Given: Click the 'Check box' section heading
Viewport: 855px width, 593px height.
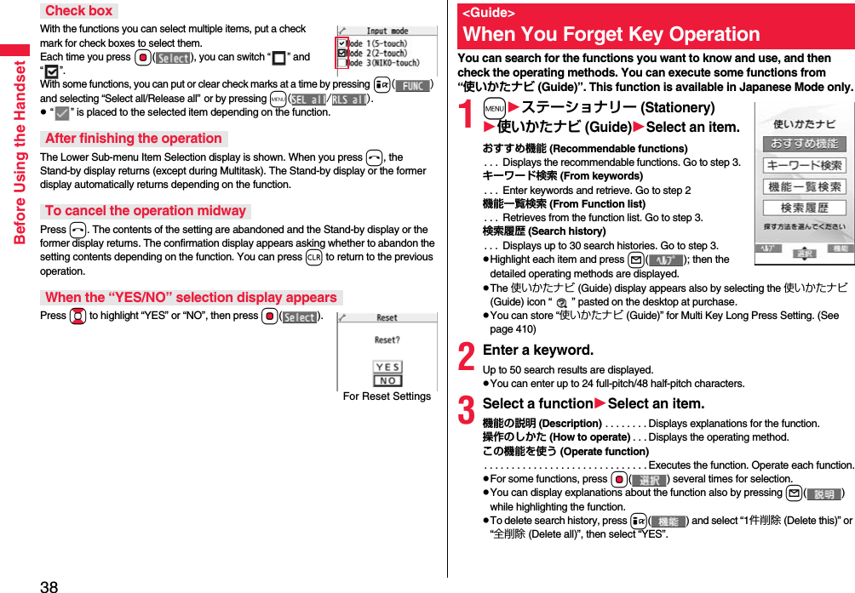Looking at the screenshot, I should click(78, 11).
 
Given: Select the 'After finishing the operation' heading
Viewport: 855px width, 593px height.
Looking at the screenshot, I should click(133, 139).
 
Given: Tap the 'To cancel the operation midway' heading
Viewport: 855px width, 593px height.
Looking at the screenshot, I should click(145, 211).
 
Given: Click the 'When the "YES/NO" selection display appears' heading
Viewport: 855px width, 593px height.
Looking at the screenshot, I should click(191, 298).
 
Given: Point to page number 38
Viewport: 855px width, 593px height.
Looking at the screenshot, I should click(49, 586).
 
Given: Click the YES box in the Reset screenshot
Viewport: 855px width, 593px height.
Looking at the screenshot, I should click(387, 367).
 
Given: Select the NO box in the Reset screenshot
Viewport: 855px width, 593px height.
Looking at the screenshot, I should click(387, 380).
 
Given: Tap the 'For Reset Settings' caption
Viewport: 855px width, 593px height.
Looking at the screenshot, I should click(387, 396).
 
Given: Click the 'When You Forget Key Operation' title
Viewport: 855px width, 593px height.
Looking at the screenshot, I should click(611, 35).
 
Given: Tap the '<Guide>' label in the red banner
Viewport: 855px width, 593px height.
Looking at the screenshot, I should click(488, 13).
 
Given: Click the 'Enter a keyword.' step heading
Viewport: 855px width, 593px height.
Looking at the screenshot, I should click(537, 351).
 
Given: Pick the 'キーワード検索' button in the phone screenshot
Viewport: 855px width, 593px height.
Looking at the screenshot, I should click(804, 165).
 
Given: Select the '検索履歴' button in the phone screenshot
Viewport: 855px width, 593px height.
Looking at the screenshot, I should click(804, 208).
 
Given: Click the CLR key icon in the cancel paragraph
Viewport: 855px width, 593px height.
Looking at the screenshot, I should click(312, 258).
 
